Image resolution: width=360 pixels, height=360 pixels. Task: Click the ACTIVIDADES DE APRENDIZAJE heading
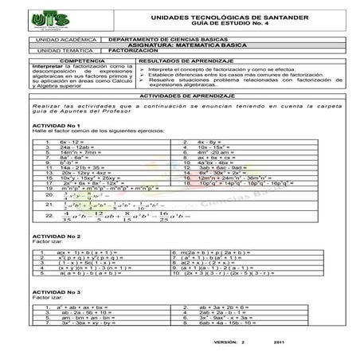pos(180,94)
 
